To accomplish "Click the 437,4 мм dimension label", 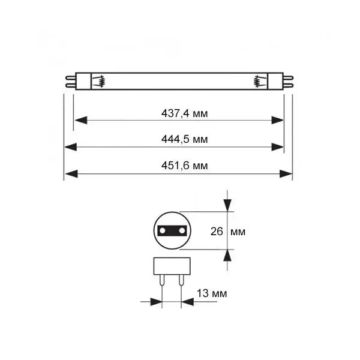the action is pos(185,113).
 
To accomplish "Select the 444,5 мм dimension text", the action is pos(185,139).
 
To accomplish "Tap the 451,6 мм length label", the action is pos(185,166).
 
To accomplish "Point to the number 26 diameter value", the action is pos(217,232).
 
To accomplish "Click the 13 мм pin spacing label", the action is pos(212,293).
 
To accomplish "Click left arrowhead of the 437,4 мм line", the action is pos(81,120).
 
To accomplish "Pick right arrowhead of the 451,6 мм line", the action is pos(286,174).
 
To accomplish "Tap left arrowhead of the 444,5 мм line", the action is pos(71,147).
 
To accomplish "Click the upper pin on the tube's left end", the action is pos(70,77).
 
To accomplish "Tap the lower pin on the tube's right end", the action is pos(288,86).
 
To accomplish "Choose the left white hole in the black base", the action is pos(163,230).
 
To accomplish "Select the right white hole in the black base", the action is pos(182,230).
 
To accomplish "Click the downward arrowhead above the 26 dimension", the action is pos(227,205).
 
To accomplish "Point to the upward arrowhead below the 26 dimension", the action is pos(227,256).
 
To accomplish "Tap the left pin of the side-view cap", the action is pos(162,281).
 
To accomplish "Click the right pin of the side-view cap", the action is pos(181,281).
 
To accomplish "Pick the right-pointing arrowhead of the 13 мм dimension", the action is pos(156,302).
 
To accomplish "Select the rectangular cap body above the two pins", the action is pos(172,266).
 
